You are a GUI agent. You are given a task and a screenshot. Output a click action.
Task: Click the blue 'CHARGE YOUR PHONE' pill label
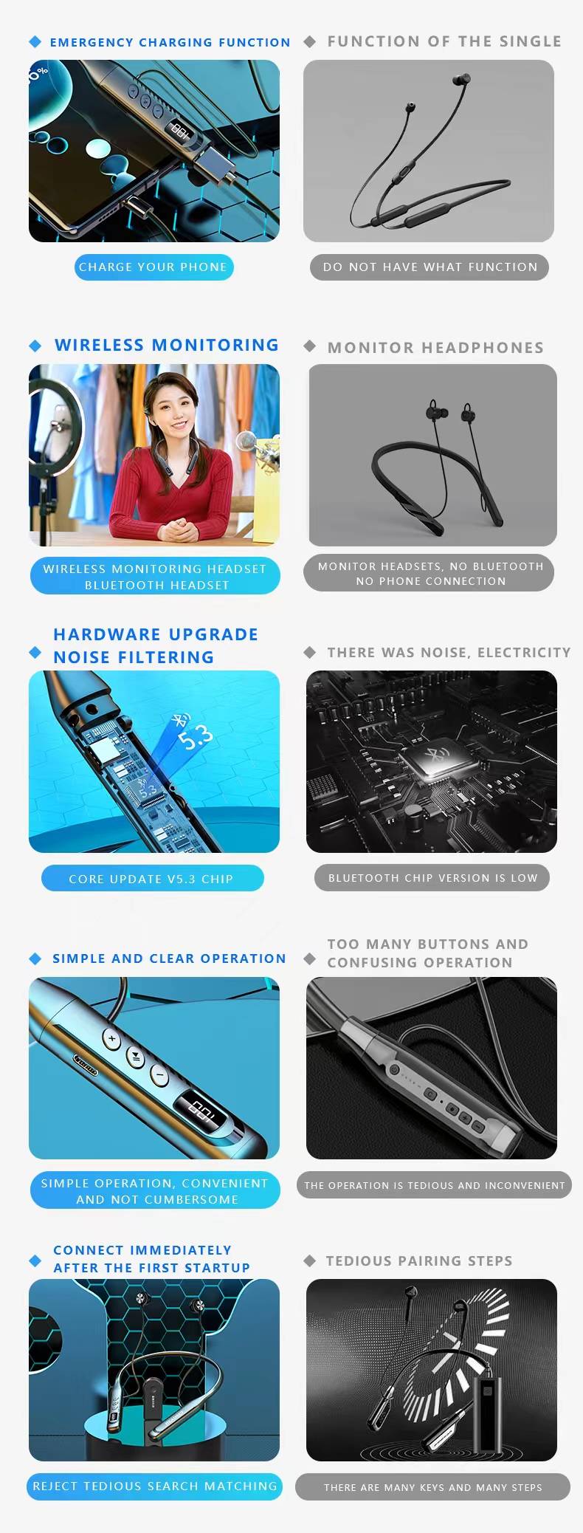click(153, 267)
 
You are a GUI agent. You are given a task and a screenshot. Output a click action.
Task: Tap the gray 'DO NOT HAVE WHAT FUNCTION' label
click(430, 267)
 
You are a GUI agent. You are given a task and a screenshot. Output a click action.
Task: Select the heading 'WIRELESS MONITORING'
click(167, 345)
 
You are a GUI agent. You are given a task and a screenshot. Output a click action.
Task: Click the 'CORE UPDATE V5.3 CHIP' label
click(151, 879)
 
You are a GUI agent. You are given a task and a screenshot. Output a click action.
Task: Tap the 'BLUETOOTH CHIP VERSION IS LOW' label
click(432, 878)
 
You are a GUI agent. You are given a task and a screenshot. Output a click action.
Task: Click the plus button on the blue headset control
click(112, 1039)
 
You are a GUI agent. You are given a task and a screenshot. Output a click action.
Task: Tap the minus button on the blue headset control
click(159, 1075)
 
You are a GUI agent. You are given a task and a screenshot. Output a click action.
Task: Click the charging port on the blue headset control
click(86, 1066)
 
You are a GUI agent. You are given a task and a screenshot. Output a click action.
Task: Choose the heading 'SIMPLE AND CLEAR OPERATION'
click(169, 958)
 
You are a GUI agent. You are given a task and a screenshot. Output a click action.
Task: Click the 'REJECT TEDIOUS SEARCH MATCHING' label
click(155, 1486)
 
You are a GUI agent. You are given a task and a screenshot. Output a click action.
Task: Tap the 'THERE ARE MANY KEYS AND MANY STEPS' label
click(432, 1487)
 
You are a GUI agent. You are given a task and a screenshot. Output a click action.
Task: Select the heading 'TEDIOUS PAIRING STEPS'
click(419, 1261)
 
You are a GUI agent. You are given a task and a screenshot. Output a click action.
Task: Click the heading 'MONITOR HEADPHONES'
click(435, 348)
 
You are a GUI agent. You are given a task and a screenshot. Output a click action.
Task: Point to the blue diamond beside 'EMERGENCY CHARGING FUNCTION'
click(35, 42)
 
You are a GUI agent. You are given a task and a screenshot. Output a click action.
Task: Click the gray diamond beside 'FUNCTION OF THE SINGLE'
click(310, 42)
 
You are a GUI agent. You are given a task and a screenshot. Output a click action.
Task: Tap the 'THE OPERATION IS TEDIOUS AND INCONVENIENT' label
click(434, 1185)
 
